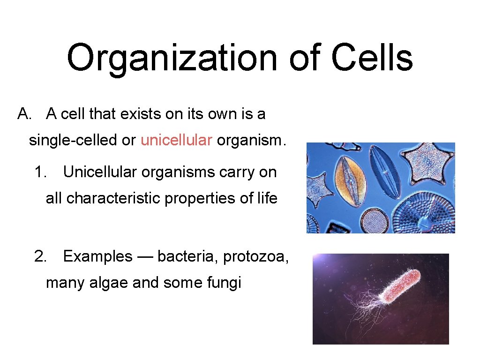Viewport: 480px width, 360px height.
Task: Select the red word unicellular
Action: [176, 140]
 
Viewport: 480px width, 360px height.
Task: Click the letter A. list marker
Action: [24, 114]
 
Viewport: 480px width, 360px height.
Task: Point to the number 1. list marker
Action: [40, 172]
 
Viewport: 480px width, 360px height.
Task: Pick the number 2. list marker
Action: [40, 256]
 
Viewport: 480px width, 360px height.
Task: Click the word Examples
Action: [97, 256]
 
